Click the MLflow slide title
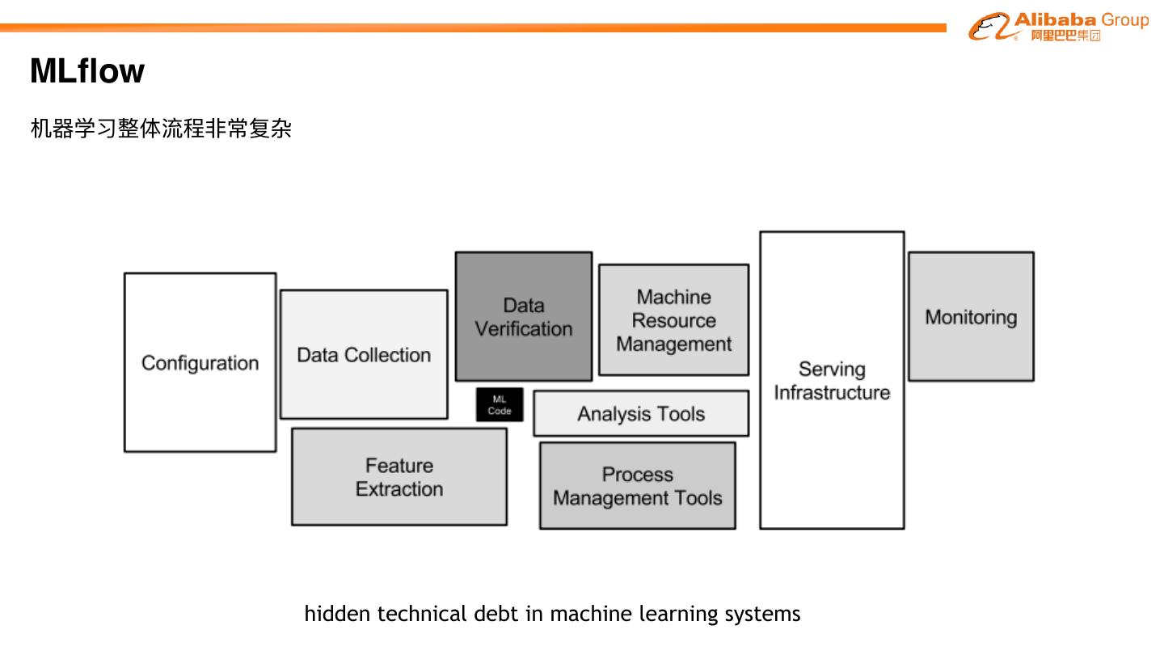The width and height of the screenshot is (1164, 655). coord(86,71)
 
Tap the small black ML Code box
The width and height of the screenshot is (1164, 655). coord(500,405)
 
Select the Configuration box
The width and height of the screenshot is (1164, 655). coord(200,362)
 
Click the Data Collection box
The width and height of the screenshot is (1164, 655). coord(364,354)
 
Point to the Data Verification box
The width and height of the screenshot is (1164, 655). coord(523,316)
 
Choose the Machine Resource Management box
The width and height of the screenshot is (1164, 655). coord(673,320)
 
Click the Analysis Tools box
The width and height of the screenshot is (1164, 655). coord(641,414)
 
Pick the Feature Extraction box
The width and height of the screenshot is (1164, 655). coord(399,477)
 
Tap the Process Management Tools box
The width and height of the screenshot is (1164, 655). coord(638,486)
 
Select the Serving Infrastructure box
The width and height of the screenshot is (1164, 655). coord(832,381)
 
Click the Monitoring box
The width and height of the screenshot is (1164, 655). coord(971,317)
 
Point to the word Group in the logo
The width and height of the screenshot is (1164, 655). coord(1124,20)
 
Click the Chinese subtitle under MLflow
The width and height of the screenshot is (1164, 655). coord(161,129)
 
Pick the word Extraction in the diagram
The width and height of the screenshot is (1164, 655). coord(399,489)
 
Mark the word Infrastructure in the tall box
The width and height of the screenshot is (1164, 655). coord(832,393)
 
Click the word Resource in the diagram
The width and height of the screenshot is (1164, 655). coord(673,320)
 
